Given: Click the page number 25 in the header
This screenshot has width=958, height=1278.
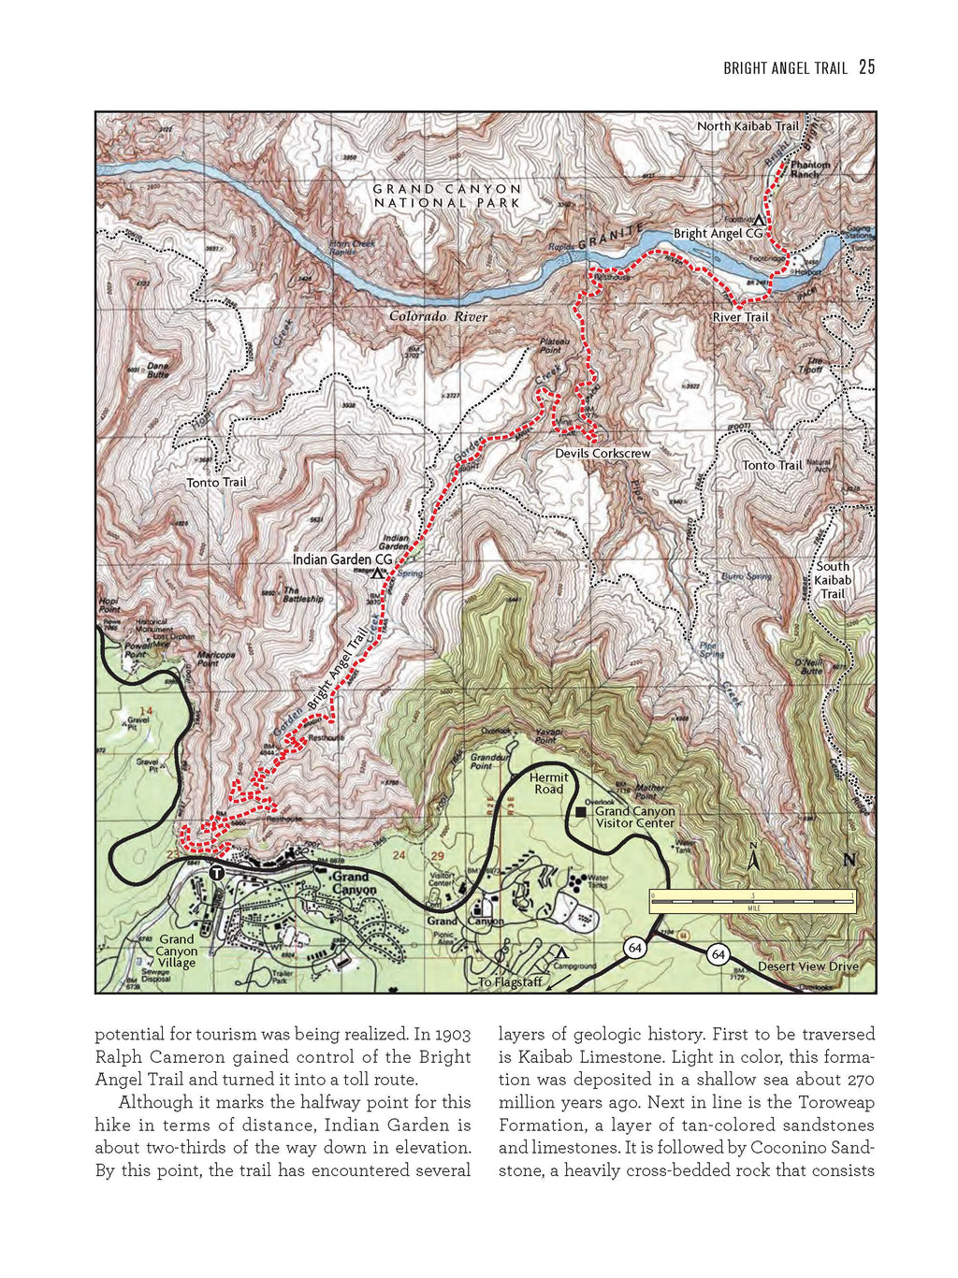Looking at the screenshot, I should click(866, 67).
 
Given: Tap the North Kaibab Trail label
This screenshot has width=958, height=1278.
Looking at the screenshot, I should click(748, 126).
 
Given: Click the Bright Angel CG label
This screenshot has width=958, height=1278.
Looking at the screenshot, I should click(718, 234).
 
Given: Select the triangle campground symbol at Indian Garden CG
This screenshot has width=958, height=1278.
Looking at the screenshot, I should click(378, 573).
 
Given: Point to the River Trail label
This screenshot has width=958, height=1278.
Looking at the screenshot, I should click(740, 317).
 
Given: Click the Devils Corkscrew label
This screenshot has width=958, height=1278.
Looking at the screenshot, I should click(602, 454).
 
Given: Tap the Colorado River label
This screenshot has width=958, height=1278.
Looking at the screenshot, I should click(438, 317).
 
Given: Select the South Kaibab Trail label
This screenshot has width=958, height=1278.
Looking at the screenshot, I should click(833, 580).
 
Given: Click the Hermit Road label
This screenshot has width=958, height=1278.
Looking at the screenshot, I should click(549, 783).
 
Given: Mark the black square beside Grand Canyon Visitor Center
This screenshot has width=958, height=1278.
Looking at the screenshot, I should click(581, 812).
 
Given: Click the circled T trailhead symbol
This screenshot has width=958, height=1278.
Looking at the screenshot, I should click(216, 873).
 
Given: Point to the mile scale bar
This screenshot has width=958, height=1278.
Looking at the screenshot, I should click(753, 900).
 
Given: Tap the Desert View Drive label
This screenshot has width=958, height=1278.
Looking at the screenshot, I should click(807, 966).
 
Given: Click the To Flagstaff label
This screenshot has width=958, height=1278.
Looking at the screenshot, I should click(510, 982).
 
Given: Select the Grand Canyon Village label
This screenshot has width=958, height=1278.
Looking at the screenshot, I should click(177, 951).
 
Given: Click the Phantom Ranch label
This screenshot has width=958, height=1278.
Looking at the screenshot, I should click(810, 169).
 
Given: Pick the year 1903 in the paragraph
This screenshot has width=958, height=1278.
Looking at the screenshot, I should click(453, 1035).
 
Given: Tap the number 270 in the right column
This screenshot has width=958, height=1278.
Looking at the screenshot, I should click(856, 1080).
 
